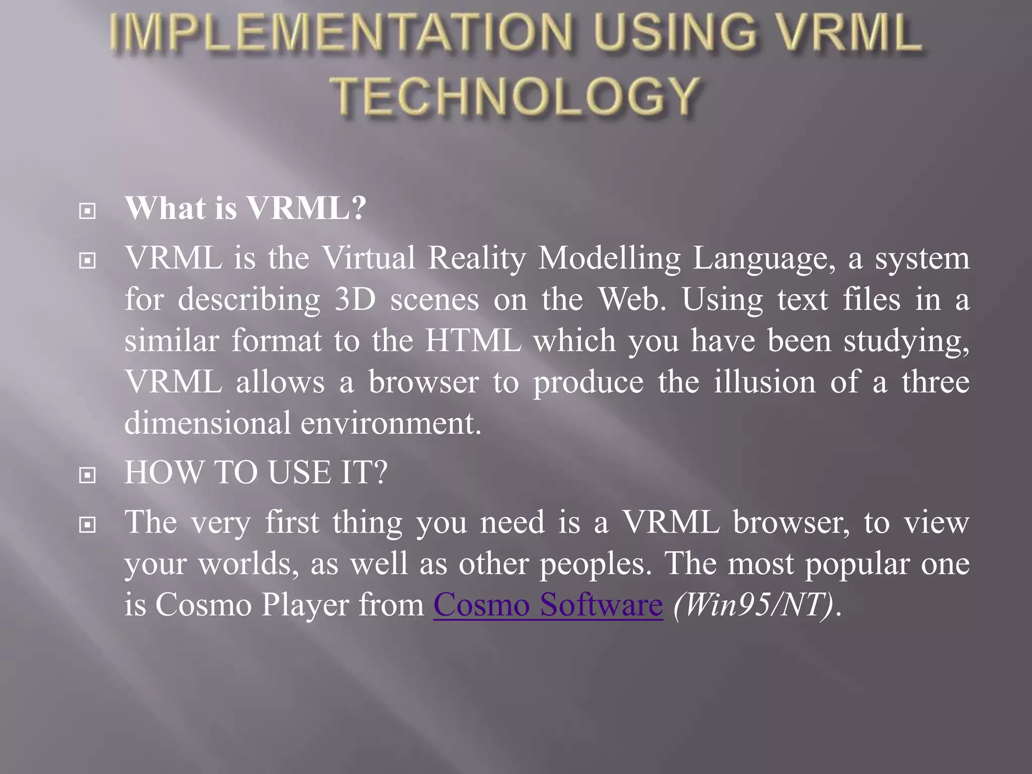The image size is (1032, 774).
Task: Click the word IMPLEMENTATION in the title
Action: point(341,33)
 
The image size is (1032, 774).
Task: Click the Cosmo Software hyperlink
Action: point(548,604)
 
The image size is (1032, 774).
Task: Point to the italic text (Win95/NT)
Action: point(753,604)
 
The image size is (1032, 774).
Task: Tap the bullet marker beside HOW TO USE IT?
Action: point(88,475)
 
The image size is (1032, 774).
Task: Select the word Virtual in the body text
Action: point(369,258)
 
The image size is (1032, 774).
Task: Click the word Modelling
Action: point(609,258)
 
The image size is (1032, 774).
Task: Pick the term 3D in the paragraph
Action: point(355,299)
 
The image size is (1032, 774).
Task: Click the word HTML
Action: point(473,341)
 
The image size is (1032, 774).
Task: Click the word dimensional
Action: point(207,423)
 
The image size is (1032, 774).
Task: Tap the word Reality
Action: point(476,259)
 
